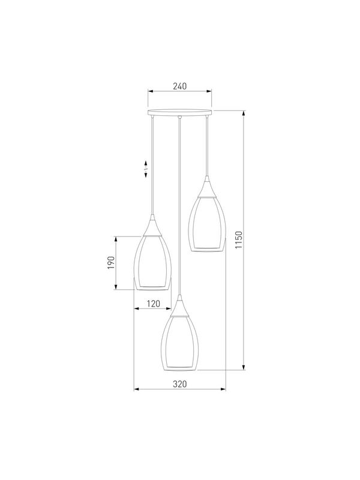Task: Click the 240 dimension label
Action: point(179,86)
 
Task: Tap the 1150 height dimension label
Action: point(239,239)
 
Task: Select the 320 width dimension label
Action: point(179,384)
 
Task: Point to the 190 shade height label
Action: point(111,263)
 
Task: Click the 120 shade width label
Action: point(154,304)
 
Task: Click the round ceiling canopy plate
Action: point(179,112)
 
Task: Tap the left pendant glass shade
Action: point(152,263)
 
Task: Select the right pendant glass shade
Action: point(206,224)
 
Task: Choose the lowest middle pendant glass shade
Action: point(179,343)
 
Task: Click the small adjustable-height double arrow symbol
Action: point(146,169)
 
